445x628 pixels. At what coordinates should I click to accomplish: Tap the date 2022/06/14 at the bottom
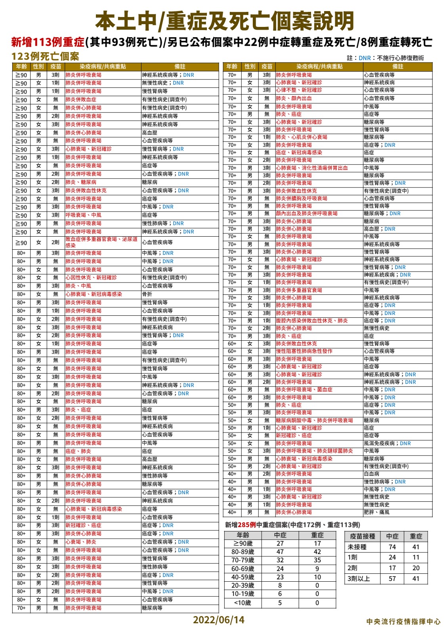click(x=219, y=619)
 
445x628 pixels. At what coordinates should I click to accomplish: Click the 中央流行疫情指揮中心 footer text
click(x=403, y=621)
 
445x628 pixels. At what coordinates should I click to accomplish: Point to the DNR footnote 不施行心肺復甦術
click(x=400, y=58)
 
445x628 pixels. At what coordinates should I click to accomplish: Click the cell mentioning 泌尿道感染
click(x=102, y=242)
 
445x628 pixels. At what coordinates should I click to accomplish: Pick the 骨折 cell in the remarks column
click(x=147, y=294)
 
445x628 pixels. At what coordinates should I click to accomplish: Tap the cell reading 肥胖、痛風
click(x=376, y=512)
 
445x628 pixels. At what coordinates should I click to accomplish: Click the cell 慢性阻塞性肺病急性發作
click(x=304, y=351)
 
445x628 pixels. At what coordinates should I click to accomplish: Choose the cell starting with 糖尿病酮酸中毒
click(x=314, y=420)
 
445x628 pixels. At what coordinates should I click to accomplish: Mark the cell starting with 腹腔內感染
click(x=312, y=321)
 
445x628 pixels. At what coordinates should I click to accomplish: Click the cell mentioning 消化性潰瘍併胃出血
click(x=312, y=168)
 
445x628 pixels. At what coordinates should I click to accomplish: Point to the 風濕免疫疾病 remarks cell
click(x=382, y=443)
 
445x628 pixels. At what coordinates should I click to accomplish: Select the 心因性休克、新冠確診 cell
click(x=91, y=277)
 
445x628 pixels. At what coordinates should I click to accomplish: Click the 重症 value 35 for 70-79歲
click(x=317, y=560)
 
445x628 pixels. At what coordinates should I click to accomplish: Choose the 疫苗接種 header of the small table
click(x=362, y=536)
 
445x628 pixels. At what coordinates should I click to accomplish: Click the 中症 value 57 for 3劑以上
click(x=392, y=579)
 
